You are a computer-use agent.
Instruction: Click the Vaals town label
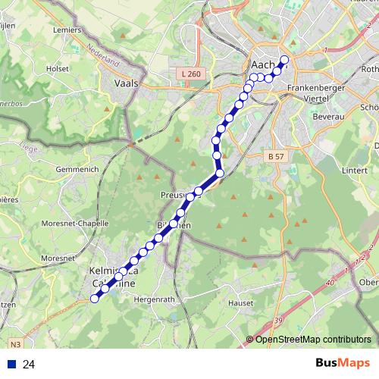[125, 84]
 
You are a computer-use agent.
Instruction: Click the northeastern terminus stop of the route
[285, 60]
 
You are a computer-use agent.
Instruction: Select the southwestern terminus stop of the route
[95, 299]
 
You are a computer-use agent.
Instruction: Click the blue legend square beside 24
[12, 365]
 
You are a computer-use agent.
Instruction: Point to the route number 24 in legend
[30, 365]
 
